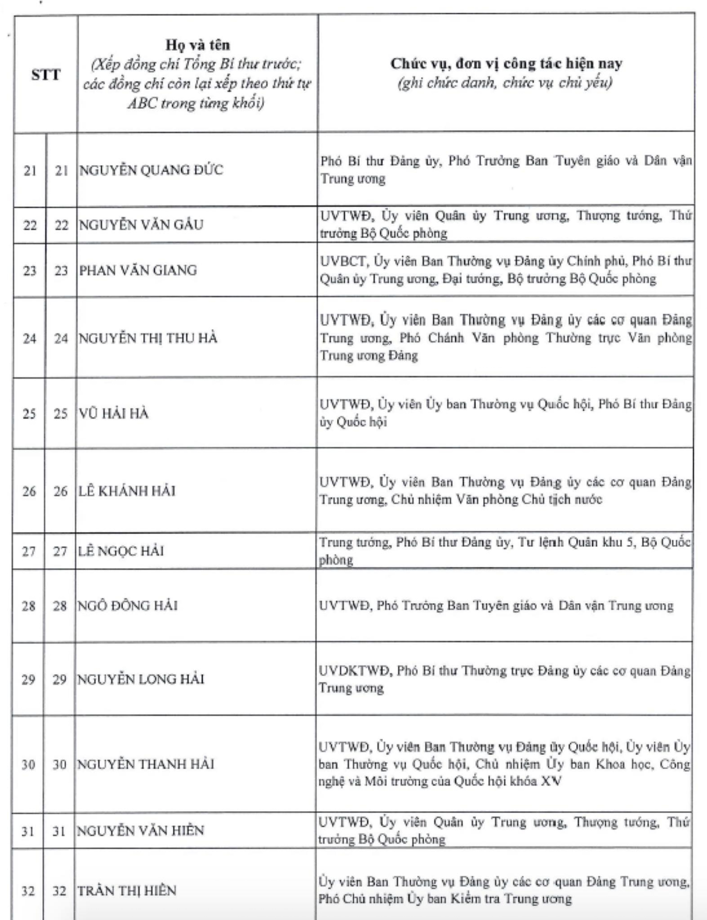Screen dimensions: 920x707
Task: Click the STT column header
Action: point(46,75)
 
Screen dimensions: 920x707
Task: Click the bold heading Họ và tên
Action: point(197,45)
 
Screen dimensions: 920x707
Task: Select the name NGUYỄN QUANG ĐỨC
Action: point(151,170)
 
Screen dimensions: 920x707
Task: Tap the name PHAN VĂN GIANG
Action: point(138,270)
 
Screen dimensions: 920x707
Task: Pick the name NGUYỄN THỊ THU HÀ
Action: point(148,338)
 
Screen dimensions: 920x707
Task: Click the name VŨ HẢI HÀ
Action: point(114,413)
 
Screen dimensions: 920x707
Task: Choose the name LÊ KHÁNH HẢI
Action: point(127,491)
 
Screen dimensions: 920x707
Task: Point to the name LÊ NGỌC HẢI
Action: point(121,551)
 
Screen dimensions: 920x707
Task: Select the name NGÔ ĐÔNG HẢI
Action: point(127,606)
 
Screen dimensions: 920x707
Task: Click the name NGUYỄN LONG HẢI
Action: point(141,679)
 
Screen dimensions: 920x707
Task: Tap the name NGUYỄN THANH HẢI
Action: point(146,764)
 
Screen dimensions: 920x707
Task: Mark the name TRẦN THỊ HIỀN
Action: point(127,890)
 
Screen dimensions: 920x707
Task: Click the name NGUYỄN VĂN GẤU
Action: point(141,225)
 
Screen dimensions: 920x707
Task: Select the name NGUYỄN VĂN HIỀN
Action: point(140,830)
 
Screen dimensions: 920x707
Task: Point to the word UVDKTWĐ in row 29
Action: point(354,670)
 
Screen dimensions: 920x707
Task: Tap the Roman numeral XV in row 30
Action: point(551,782)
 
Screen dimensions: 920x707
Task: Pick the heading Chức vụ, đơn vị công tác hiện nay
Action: point(506,64)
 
